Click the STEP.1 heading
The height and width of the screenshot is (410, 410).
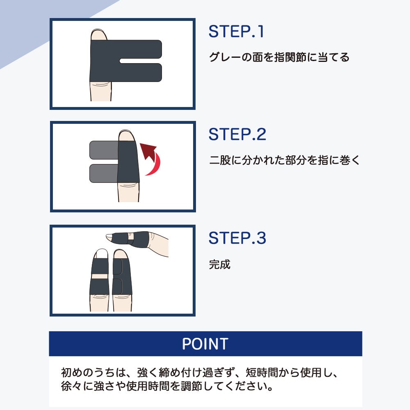click(x=236, y=32)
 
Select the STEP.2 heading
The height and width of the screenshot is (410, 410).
click(x=237, y=134)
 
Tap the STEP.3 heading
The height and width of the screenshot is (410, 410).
click(x=237, y=238)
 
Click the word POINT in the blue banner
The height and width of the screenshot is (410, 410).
click(x=205, y=344)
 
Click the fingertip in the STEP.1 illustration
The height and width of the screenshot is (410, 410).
click(x=98, y=34)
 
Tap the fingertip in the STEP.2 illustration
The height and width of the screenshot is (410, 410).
click(x=126, y=135)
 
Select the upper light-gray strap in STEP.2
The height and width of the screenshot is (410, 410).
click(x=104, y=150)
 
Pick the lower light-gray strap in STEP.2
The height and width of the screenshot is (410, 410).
click(x=104, y=173)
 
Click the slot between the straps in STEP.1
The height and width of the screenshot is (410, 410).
click(x=140, y=61)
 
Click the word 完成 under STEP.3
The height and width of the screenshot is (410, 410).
click(x=220, y=264)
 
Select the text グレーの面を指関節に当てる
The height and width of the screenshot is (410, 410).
click(x=279, y=57)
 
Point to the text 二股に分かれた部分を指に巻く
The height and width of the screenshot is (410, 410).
click(x=285, y=160)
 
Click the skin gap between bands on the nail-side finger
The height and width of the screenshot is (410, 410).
click(x=100, y=276)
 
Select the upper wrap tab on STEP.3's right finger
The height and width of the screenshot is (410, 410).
click(x=118, y=266)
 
